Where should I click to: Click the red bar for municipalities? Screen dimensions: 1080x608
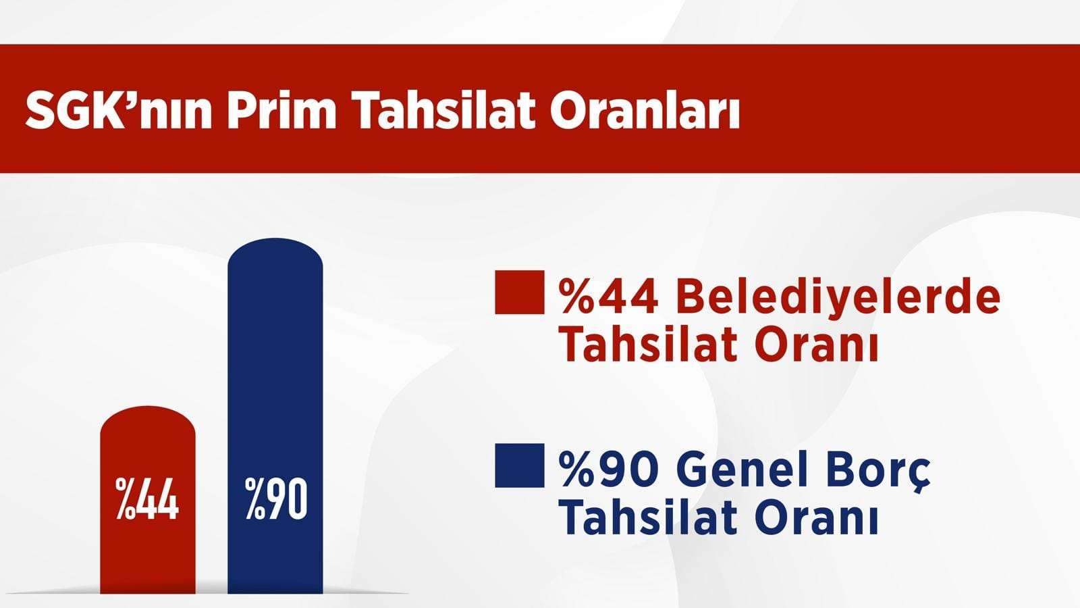148,500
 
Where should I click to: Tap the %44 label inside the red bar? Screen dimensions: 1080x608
147,499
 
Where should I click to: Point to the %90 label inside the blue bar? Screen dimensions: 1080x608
276,499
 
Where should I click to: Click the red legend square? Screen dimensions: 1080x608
520,293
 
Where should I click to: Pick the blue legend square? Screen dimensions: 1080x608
520,465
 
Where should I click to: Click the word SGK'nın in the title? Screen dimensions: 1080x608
118,111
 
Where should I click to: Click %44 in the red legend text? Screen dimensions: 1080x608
608,297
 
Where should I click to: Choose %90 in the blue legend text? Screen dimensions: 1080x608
608,469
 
